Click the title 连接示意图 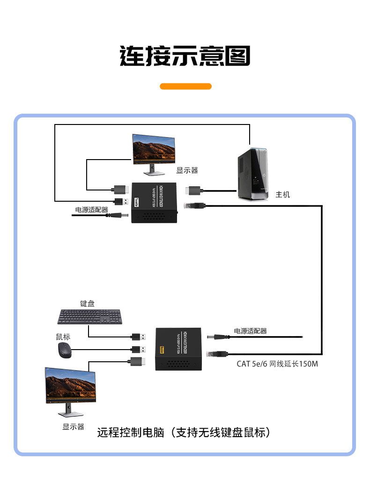click(x=185, y=56)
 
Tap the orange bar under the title click(x=185, y=86)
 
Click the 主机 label click(x=283, y=194)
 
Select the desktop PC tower click(x=252, y=175)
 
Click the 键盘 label click(x=87, y=303)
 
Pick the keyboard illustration click(x=90, y=317)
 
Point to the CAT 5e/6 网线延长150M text click(x=277, y=364)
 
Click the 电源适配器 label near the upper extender click(x=92, y=210)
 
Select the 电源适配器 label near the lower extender click(x=250, y=331)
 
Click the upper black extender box click(x=155, y=203)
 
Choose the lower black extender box click(x=178, y=349)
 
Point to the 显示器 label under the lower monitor click(x=73, y=426)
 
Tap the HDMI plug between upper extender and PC click(x=193, y=190)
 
